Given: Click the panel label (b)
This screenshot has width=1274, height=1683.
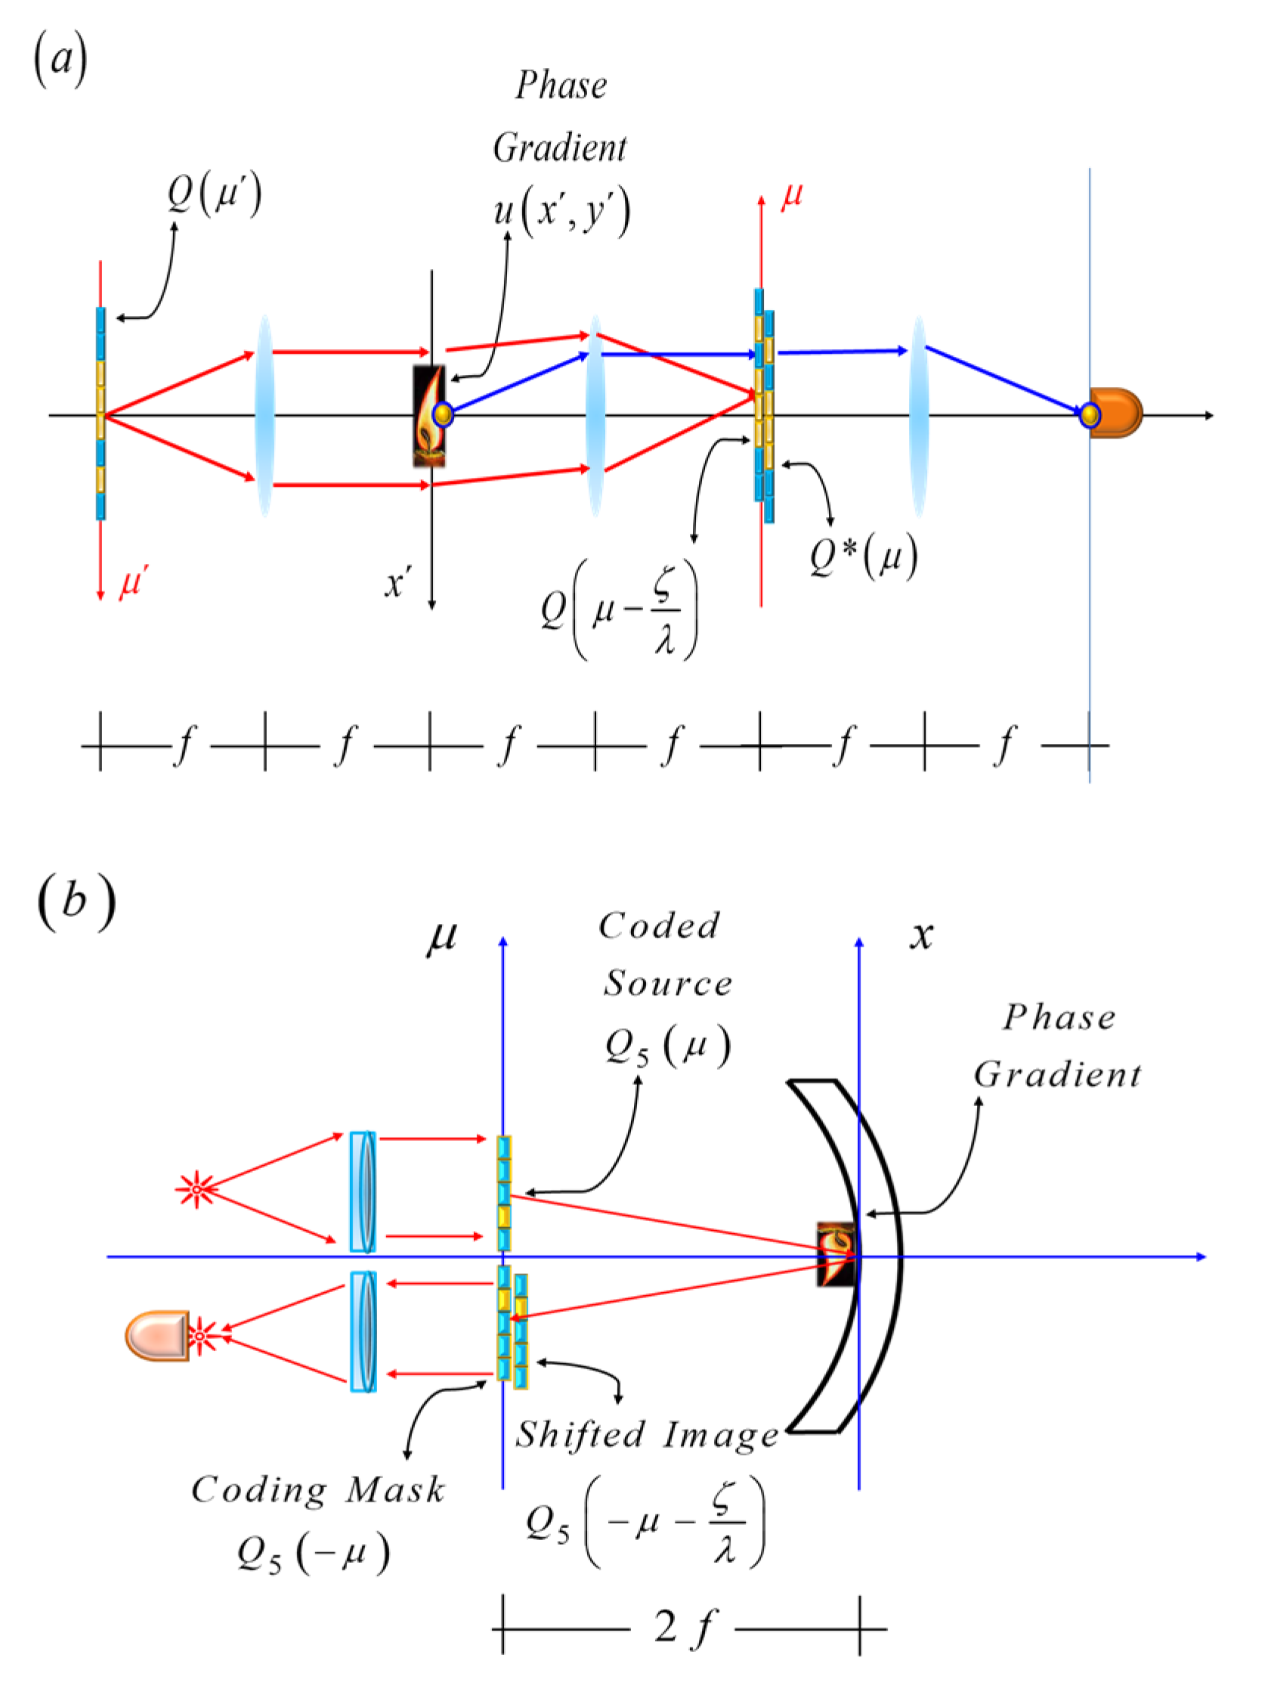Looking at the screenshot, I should (76, 901).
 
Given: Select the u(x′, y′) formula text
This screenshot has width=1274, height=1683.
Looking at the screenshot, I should (561, 211).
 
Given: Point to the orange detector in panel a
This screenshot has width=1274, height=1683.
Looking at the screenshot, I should (1116, 413).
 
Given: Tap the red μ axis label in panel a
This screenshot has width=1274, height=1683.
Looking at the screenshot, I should (792, 196).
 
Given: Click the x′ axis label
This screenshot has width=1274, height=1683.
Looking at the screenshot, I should (397, 584).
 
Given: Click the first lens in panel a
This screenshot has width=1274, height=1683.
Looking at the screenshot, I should (264, 415).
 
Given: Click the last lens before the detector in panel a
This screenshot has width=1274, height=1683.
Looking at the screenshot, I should (918, 415).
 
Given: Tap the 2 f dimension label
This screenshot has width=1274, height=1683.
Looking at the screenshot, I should (684, 1629).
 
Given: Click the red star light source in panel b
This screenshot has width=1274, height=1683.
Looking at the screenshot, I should (196, 1189).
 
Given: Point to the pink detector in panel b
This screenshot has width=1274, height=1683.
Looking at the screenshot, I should (158, 1335).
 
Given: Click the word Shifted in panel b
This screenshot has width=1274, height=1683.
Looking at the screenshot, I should (580, 1434).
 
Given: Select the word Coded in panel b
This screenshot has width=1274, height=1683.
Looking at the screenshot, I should (659, 926).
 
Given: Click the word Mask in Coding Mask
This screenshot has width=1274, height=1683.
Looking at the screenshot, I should (394, 1489).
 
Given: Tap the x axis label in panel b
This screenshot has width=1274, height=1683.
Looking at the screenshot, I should (921, 934).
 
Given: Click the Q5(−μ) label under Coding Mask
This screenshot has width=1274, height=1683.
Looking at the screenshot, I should (313, 1552).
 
